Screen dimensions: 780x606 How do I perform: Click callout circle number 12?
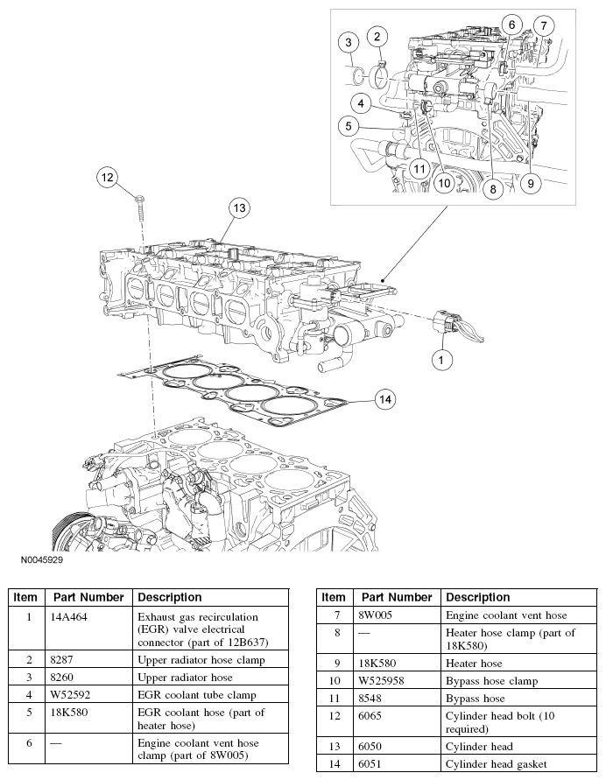(x=107, y=178)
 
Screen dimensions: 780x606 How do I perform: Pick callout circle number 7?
(x=542, y=25)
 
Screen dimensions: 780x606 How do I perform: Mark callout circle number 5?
(x=349, y=126)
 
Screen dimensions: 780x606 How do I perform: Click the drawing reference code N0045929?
(x=38, y=558)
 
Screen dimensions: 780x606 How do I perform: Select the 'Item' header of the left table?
(x=26, y=597)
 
